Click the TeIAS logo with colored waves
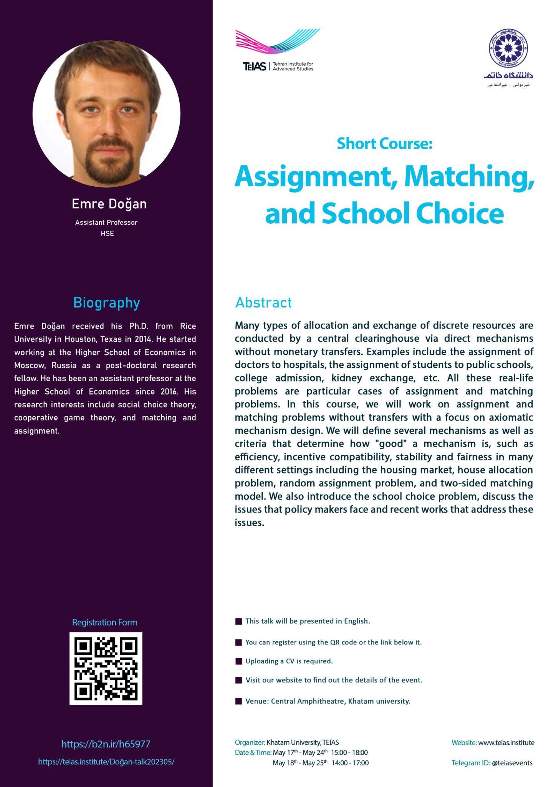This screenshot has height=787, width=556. point(278,50)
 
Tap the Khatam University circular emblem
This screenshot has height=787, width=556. point(508,48)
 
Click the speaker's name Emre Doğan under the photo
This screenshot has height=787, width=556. point(109,204)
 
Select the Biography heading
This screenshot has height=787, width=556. point(106,303)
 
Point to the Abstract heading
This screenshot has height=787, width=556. point(263,303)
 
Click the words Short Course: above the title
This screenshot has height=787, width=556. point(384,144)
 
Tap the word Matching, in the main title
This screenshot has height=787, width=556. point(469,177)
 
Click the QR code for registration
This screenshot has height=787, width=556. point(106,668)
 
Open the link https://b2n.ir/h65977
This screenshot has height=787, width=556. point(106,744)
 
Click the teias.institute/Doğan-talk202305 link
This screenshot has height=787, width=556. point(106,762)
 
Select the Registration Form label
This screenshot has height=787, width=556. point(104,622)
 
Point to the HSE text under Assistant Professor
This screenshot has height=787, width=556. point(107,233)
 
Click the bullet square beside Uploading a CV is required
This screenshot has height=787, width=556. point(238,661)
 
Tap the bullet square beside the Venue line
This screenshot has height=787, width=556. point(238,701)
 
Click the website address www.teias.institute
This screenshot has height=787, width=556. point(506,742)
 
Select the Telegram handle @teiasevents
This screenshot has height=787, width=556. point(512,763)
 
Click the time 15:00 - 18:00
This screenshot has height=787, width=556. point(349,752)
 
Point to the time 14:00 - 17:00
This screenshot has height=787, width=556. point(350,763)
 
